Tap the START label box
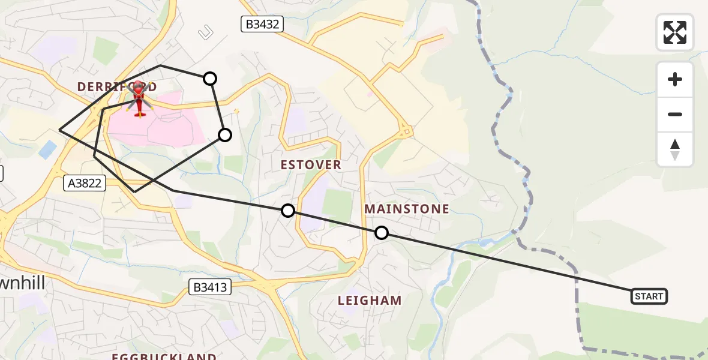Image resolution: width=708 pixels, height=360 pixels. click(x=649, y=296)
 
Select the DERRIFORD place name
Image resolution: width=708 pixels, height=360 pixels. click(x=117, y=87)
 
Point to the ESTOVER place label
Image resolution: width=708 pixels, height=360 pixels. click(x=311, y=164)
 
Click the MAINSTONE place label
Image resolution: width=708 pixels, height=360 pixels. click(x=406, y=209)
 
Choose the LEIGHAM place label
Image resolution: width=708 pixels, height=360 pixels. click(x=370, y=300)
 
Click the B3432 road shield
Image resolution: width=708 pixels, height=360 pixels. click(x=261, y=24)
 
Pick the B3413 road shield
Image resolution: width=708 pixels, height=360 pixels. click(x=210, y=287)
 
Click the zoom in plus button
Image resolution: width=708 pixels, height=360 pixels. click(x=675, y=79)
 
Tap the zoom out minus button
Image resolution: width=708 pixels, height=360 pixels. click(x=675, y=114)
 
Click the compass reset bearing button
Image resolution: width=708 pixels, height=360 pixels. click(x=675, y=149)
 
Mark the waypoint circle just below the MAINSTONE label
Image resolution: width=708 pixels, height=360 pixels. click(x=382, y=233)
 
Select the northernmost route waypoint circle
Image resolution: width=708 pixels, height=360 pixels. click(x=210, y=78)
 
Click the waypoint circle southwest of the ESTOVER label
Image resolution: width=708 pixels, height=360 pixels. click(x=288, y=211)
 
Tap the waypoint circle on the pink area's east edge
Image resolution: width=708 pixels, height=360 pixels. click(x=225, y=135)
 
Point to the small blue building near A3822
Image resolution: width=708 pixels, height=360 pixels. click(x=47, y=149)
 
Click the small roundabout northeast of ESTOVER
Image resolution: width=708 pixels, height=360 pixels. click(x=406, y=130)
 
